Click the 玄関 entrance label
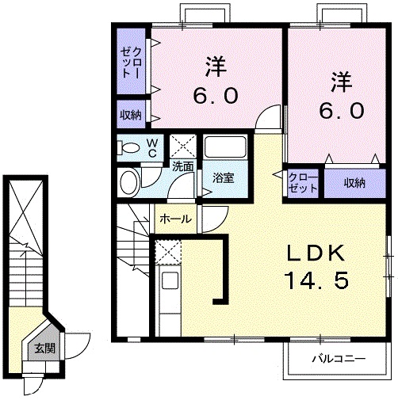[x=44, y=349]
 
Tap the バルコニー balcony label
[x=339, y=359]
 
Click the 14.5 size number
[x=316, y=280]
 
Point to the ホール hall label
[x=175, y=219]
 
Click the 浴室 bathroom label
[x=224, y=177]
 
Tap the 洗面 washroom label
[x=183, y=166]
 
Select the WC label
[x=152, y=148]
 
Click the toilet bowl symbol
[x=128, y=147]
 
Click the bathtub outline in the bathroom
[x=226, y=147]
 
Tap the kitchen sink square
[x=170, y=280]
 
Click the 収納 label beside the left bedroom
[x=131, y=115]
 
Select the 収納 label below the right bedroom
[x=354, y=183]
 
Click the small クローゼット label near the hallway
[x=303, y=183]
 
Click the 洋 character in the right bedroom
[x=342, y=82]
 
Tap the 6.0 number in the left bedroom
[x=216, y=96]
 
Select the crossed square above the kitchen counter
[x=168, y=252]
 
